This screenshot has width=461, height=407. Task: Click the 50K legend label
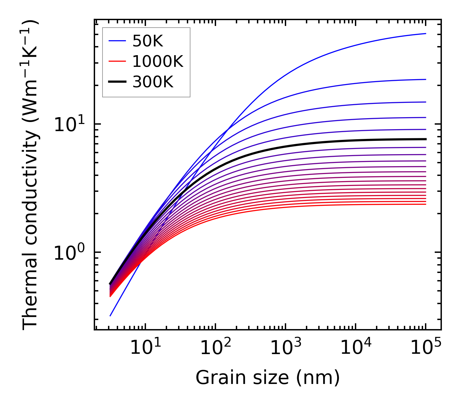click(148, 41)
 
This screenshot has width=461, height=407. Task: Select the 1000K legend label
click(158, 61)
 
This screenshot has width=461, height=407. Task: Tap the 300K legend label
click(153, 82)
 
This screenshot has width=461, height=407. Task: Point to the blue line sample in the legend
click(117, 41)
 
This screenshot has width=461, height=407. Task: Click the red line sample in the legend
click(117, 61)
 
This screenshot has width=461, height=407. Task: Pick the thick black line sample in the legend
click(117, 82)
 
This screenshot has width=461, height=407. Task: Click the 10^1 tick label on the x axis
click(145, 348)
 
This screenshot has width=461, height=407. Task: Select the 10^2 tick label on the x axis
click(215, 348)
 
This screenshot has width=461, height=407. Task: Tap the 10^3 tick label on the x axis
click(285, 348)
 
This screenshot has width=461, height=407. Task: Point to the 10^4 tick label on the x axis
click(356, 348)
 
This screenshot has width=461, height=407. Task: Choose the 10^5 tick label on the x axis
click(426, 348)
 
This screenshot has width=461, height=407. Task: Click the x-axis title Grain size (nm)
click(268, 378)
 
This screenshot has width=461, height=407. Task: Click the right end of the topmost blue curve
click(425, 33)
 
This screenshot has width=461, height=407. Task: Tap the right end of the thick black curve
click(425, 139)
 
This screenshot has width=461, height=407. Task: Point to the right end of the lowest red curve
click(425, 204)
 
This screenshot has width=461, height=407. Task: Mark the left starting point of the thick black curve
click(110, 284)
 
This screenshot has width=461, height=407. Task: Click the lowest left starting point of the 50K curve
click(110, 315)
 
